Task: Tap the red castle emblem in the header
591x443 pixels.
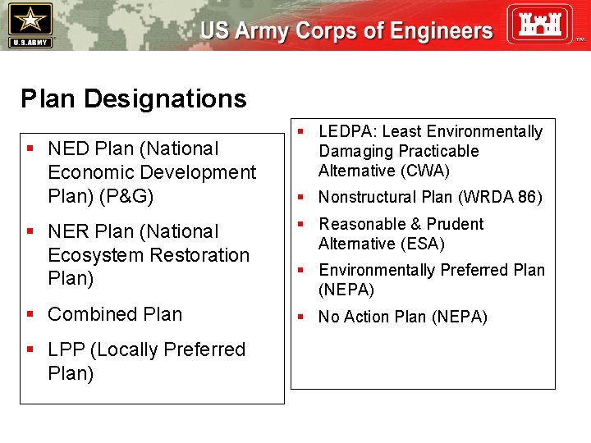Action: [538, 24]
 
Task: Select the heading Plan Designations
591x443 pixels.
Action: [133, 99]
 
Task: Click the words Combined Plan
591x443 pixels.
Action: [115, 314]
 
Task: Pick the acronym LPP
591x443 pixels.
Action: [66, 349]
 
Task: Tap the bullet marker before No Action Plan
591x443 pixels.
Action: [301, 317]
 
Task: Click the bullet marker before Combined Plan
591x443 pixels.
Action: [30, 314]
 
